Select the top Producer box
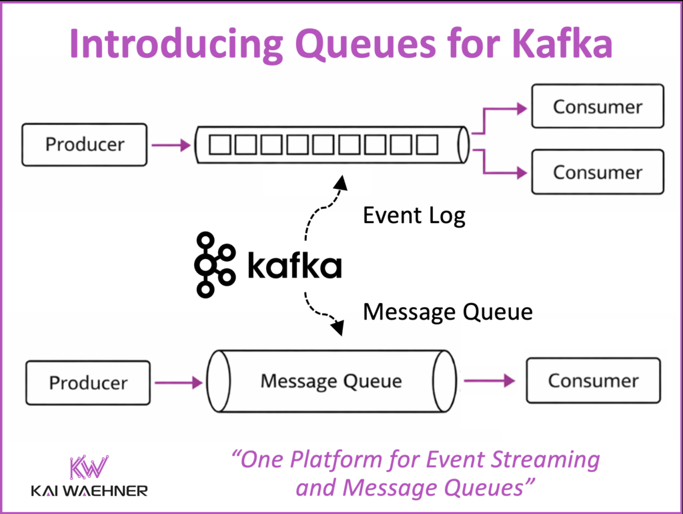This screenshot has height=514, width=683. point(84,144)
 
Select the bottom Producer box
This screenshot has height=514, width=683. point(88,382)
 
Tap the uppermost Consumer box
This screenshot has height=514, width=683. point(597,106)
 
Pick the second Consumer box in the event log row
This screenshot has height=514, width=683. point(597,172)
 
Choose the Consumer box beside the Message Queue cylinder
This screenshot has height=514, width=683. point(593,380)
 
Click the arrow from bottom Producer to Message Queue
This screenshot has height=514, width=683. point(177,382)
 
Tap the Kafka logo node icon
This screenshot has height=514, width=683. point(214,265)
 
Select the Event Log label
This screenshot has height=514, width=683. point(414,216)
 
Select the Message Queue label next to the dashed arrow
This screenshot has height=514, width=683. point(447,312)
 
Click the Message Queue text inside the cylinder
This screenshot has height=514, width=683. point(331,381)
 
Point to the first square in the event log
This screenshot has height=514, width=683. point(219,144)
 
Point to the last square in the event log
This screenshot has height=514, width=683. point(427,144)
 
